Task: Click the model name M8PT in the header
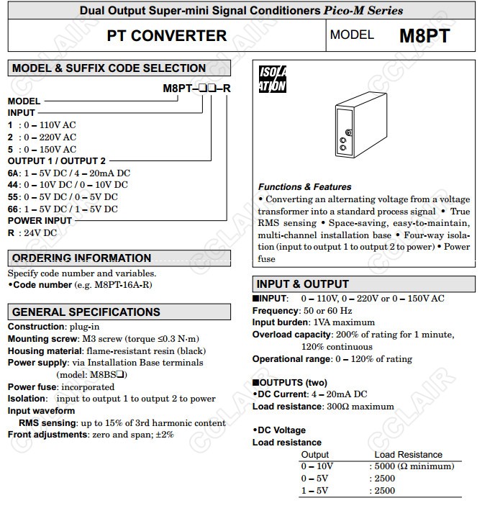pyautogui.click(x=424, y=36)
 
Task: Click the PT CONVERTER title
pyautogui.click(x=166, y=36)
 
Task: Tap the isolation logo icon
pyautogui.click(x=273, y=79)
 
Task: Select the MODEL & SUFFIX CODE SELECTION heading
pyautogui.click(x=109, y=68)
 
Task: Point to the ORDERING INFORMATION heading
pyautogui.click(x=81, y=258)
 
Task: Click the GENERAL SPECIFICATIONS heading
pyautogui.click(x=86, y=312)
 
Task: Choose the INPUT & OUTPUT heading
pyautogui.click(x=303, y=284)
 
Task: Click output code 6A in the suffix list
pyautogui.click(x=14, y=173)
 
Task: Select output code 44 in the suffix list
pyautogui.click(x=14, y=185)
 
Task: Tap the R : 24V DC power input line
pyautogui.click(x=32, y=232)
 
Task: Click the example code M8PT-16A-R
pyautogui.click(x=121, y=284)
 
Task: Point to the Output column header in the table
pyautogui.click(x=315, y=455)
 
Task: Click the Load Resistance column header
pyautogui.click(x=408, y=455)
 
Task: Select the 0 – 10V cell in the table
pyautogui.click(x=317, y=466)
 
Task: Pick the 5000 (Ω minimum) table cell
pyautogui.click(x=414, y=466)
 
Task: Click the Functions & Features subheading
pyautogui.click(x=305, y=187)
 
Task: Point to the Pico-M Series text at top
pyautogui.click(x=367, y=11)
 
